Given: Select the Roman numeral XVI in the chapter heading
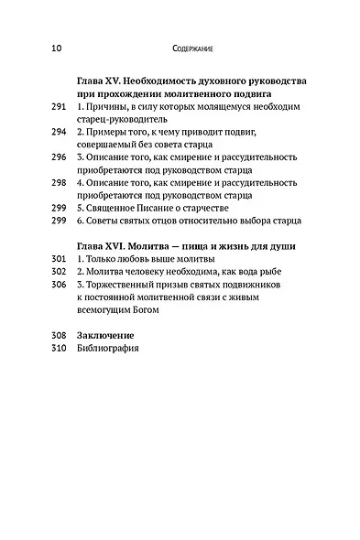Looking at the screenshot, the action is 112,247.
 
